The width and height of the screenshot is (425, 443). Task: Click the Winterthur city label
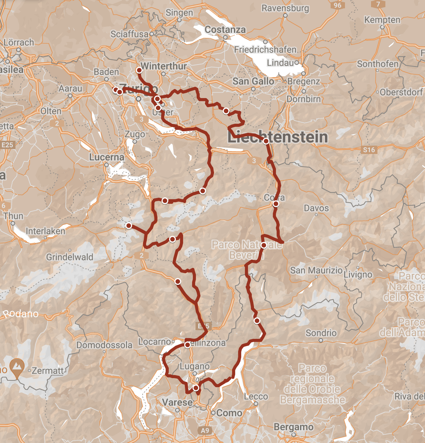tap(164, 66)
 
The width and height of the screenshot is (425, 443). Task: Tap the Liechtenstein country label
tap(278, 137)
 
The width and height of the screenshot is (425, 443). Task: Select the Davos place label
tap(316, 208)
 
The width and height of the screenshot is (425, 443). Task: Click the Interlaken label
tap(45, 231)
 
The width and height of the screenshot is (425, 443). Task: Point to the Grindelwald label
tap(69, 257)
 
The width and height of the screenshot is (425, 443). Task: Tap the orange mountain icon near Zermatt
tap(16, 366)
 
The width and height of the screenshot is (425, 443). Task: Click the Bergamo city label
tap(294, 427)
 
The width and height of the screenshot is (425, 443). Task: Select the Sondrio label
tap(321, 333)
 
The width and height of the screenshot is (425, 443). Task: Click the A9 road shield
tap(205, 431)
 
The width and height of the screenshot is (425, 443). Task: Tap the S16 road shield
tap(369, 150)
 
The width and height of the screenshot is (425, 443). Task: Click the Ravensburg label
tap(285, 8)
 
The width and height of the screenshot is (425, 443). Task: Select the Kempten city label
tap(382, 20)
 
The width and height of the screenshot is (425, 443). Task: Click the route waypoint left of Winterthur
tap(139, 71)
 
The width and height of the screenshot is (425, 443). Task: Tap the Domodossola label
tap(105, 345)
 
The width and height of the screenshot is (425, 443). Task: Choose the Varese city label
tap(177, 402)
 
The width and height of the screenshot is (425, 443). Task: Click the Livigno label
tap(358, 275)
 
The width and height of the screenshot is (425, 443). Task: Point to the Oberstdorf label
tap(401, 92)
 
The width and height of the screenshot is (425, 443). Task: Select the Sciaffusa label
tap(129, 34)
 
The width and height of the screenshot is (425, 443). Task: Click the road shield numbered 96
tap(337, 5)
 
